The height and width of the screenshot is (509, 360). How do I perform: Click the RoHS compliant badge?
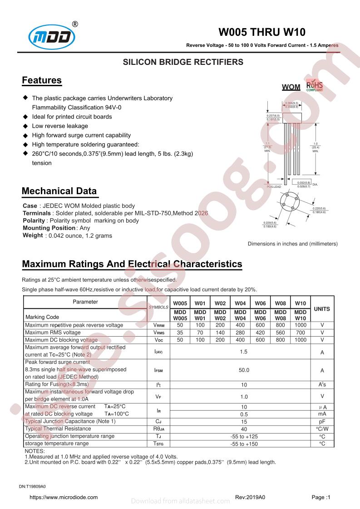[x=315, y=86]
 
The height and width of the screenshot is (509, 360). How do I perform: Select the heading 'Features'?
[x=42, y=81]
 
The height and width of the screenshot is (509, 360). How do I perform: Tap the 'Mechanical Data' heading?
[x=59, y=191]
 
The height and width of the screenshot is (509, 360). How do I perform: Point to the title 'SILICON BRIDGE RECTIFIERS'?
[x=183, y=62]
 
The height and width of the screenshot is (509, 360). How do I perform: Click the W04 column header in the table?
[x=240, y=303]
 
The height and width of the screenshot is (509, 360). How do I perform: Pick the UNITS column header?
[x=322, y=309]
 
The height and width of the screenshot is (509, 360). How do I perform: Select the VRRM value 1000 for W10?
[x=300, y=325]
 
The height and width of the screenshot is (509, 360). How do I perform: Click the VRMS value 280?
[x=240, y=333]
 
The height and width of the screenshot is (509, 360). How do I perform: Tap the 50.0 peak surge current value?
[x=244, y=370]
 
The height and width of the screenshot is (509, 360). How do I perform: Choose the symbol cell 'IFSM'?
[x=158, y=370]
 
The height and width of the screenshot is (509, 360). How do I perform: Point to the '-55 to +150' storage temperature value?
[x=244, y=444]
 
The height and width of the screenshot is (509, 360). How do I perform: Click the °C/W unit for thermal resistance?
[x=322, y=429]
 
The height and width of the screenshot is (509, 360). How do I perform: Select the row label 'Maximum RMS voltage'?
[x=53, y=333]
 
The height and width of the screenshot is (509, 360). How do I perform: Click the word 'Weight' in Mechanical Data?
[x=33, y=235]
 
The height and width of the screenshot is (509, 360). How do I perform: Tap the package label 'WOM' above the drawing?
[x=291, y=87]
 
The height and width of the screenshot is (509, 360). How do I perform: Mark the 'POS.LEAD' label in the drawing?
[x=274, y=187]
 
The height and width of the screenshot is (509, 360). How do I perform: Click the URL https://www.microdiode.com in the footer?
[x=64, y=497]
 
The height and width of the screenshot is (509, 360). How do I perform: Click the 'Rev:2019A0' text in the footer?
[x=250, y=497]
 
